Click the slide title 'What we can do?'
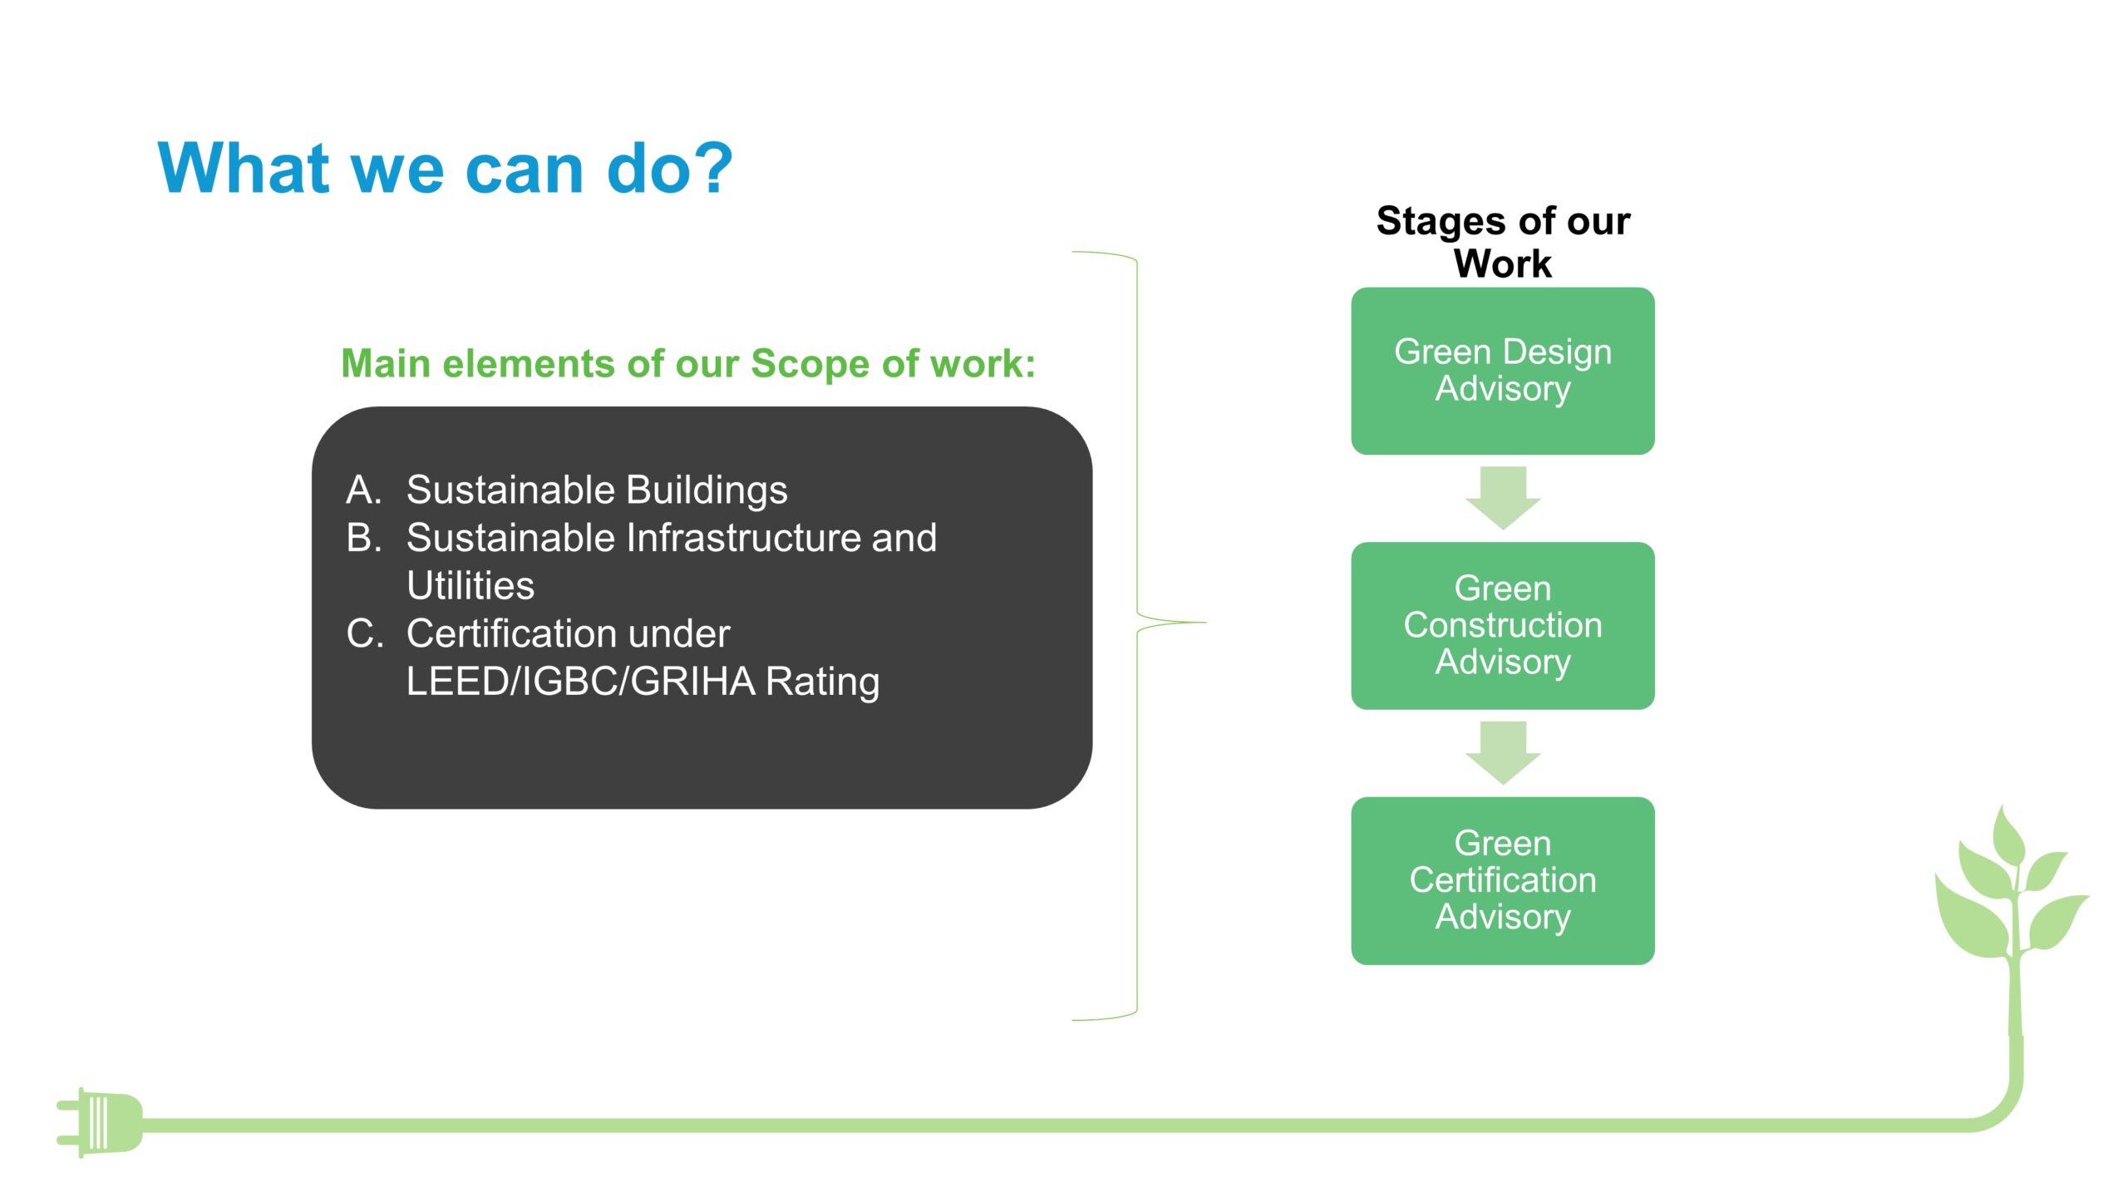(445, 169)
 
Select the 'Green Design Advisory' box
(1503, 371)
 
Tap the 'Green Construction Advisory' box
(1503, 625)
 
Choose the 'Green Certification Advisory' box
(1503, 880)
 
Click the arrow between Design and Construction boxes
(1503, 498)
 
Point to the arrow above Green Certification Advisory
(1503, 752)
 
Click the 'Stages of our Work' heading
(1503, 242)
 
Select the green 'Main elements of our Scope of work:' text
(688, 364)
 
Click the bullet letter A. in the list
(363, 490)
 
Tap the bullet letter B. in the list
(364, 537)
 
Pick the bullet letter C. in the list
(365, 633)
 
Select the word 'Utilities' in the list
(470, 585)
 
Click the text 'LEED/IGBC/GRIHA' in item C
(580, 681)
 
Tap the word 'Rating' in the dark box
(822, 682)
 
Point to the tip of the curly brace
(1205, 622)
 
